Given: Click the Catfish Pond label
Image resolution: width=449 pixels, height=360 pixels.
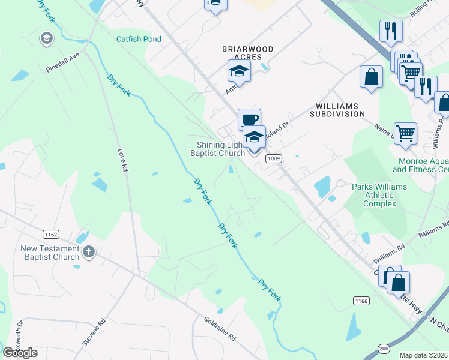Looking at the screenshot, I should coord(139,39).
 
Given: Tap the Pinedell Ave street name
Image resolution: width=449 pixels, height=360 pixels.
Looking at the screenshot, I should coord(62,62).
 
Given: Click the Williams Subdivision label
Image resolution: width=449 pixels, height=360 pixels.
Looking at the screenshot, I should coord(337,109).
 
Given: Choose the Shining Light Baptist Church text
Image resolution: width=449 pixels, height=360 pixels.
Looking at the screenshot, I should coord(218,149).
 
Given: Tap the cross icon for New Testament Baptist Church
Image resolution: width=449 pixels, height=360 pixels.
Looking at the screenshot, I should coord(89,252).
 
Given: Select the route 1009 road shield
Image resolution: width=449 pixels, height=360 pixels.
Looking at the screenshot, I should coord(274,158).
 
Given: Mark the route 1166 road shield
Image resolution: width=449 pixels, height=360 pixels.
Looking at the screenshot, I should coord(360,299).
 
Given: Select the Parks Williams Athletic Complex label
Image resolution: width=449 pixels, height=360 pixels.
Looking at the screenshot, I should coord(379,195).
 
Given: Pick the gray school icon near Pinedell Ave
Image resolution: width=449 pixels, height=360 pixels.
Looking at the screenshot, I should coord(46,39).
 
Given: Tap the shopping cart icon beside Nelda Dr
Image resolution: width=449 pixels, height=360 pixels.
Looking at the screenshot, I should coord(405,133).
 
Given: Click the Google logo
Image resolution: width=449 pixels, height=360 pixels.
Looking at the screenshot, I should coord(20,352).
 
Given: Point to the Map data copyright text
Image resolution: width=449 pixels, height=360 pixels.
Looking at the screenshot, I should coord(423,355).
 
